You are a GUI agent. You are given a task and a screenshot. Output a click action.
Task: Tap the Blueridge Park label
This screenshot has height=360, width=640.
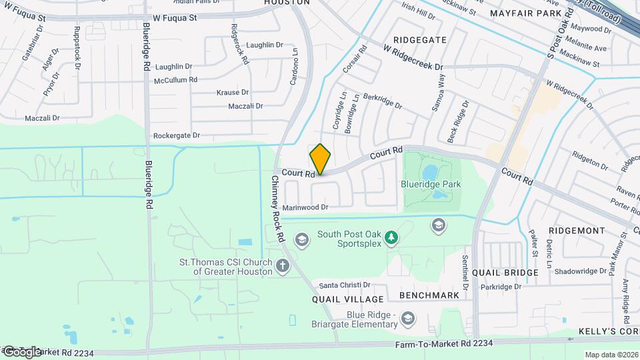coord(431,184)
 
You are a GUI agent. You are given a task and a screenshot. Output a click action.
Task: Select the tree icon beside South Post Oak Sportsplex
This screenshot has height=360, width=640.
coord(393,238)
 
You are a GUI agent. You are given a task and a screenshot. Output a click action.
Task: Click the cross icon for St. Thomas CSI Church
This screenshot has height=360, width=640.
coord(283,267)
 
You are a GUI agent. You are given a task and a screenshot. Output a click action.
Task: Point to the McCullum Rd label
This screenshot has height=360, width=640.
coord(175,79)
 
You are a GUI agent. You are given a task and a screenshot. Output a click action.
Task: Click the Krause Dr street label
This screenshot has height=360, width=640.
coord(233,93)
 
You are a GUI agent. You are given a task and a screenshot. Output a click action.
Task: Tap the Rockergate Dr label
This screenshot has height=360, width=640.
coord(176,135)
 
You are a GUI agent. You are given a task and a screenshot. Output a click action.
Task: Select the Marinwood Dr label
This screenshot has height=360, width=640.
coord(305,207)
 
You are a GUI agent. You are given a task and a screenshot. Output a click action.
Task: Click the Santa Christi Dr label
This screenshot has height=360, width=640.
coord(345,285)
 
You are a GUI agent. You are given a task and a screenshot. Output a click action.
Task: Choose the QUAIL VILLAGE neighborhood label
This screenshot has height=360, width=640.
coord(348,299)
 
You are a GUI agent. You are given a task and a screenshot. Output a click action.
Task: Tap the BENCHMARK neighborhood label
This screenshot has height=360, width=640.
coord(429,295)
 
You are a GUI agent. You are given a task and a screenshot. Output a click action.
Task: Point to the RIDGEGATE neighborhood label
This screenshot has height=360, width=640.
coord(419,40)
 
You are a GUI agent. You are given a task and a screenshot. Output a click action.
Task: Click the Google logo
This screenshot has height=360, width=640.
coord(21,351)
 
